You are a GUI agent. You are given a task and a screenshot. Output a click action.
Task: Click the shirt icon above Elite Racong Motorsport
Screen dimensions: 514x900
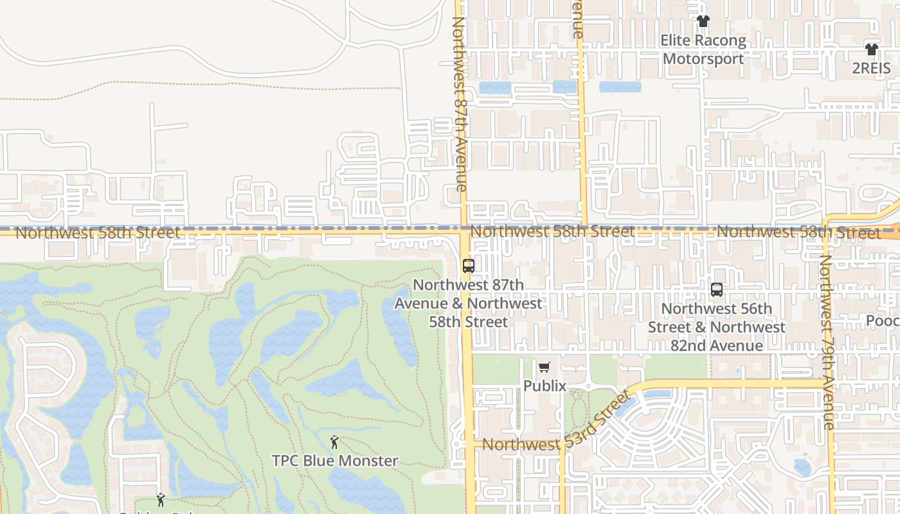point(703,21)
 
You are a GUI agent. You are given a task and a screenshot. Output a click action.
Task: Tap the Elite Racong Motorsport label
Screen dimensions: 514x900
point(703,49)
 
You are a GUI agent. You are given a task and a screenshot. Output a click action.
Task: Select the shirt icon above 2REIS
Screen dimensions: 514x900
point(871,49)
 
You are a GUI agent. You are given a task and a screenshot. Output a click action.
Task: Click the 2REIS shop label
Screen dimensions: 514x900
point(871,68)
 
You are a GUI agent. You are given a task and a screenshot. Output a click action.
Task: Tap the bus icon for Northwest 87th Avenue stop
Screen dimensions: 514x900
point(469,265)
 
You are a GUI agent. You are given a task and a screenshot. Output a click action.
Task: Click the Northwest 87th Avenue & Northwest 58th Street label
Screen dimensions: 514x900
point(469,303)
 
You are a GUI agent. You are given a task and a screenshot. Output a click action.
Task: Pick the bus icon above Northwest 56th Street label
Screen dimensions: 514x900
point(717,290)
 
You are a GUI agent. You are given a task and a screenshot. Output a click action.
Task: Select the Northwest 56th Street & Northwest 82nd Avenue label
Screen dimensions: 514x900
point(716,327)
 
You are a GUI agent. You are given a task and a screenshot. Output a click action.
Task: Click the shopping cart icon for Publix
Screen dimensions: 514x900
point(544,367)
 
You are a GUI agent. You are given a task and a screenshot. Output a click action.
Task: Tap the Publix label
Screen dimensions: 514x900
point(544,385)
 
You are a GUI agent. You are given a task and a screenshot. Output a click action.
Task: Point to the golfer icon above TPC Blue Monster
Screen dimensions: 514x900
point(334,442)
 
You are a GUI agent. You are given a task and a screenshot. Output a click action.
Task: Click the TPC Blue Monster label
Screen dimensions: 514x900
point(335,461)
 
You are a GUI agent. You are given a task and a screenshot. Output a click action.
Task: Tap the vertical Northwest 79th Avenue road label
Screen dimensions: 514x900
point(827,341)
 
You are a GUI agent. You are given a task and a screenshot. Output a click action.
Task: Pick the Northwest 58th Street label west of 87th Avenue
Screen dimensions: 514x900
point(98,233)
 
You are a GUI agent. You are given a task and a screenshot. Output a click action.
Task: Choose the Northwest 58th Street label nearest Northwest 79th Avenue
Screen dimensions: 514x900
point(798,232)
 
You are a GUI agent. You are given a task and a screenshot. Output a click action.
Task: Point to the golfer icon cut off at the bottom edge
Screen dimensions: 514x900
point(161,500)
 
